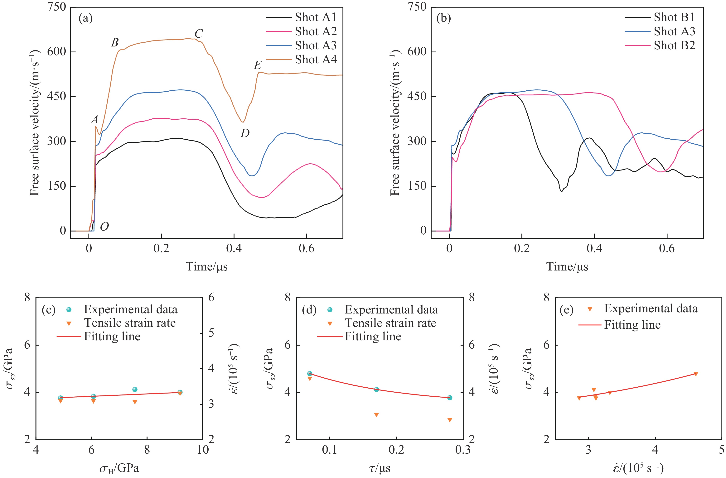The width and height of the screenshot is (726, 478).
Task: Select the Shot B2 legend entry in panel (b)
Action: click(x=674, y=45)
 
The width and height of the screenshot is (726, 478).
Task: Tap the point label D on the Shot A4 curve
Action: click(x=245, y=133)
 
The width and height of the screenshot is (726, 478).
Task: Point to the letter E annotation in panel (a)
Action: click(x=258, y=65)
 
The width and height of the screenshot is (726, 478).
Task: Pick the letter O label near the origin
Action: click(x=104, y=227)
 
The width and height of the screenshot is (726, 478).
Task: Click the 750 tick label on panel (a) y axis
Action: click(x=57, y=7)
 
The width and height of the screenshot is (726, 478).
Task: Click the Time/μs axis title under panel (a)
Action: click(x=207, y=267)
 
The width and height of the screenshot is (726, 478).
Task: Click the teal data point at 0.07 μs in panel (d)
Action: click(x=310, y=373)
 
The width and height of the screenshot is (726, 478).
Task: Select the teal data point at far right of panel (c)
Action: click(x=180, y=392)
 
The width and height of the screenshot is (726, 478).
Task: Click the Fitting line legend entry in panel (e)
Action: click(x=632, y=325)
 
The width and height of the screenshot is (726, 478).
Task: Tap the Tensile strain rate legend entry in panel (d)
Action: click(x=390, y=323)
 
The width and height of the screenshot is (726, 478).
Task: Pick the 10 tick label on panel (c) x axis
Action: click(x=203, y=450)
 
